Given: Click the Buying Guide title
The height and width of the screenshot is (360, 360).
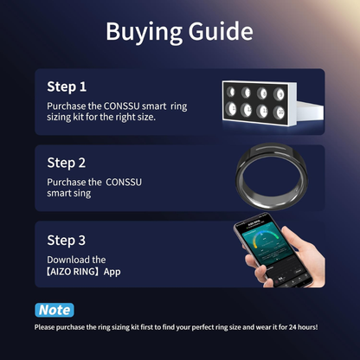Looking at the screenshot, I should pos(179,32).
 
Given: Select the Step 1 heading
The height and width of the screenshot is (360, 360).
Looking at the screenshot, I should pos(67,87).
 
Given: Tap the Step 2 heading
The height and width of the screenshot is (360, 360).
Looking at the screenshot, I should pos(67,162).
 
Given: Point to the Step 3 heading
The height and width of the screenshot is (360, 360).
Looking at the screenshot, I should pos(67,240).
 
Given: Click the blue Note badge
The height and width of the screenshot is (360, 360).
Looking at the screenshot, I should pos(54,309).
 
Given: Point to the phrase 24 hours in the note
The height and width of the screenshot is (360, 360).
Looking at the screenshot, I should pos(300,327).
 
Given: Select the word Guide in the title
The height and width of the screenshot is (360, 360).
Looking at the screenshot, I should pos(217,32).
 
